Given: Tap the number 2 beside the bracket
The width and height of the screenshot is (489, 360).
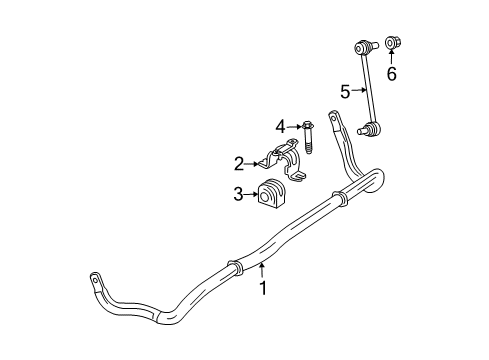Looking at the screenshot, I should [238, 162].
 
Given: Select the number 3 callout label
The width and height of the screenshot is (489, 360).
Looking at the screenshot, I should [238, 194].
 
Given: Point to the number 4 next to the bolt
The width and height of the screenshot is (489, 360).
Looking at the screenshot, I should [282, 125].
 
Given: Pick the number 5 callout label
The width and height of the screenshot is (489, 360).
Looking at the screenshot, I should [344, 92].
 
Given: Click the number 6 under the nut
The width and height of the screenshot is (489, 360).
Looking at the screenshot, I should [392, 74].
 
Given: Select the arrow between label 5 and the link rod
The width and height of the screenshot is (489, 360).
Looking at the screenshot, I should [357, 92].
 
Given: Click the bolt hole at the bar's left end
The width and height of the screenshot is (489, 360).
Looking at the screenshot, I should [94, 277].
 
